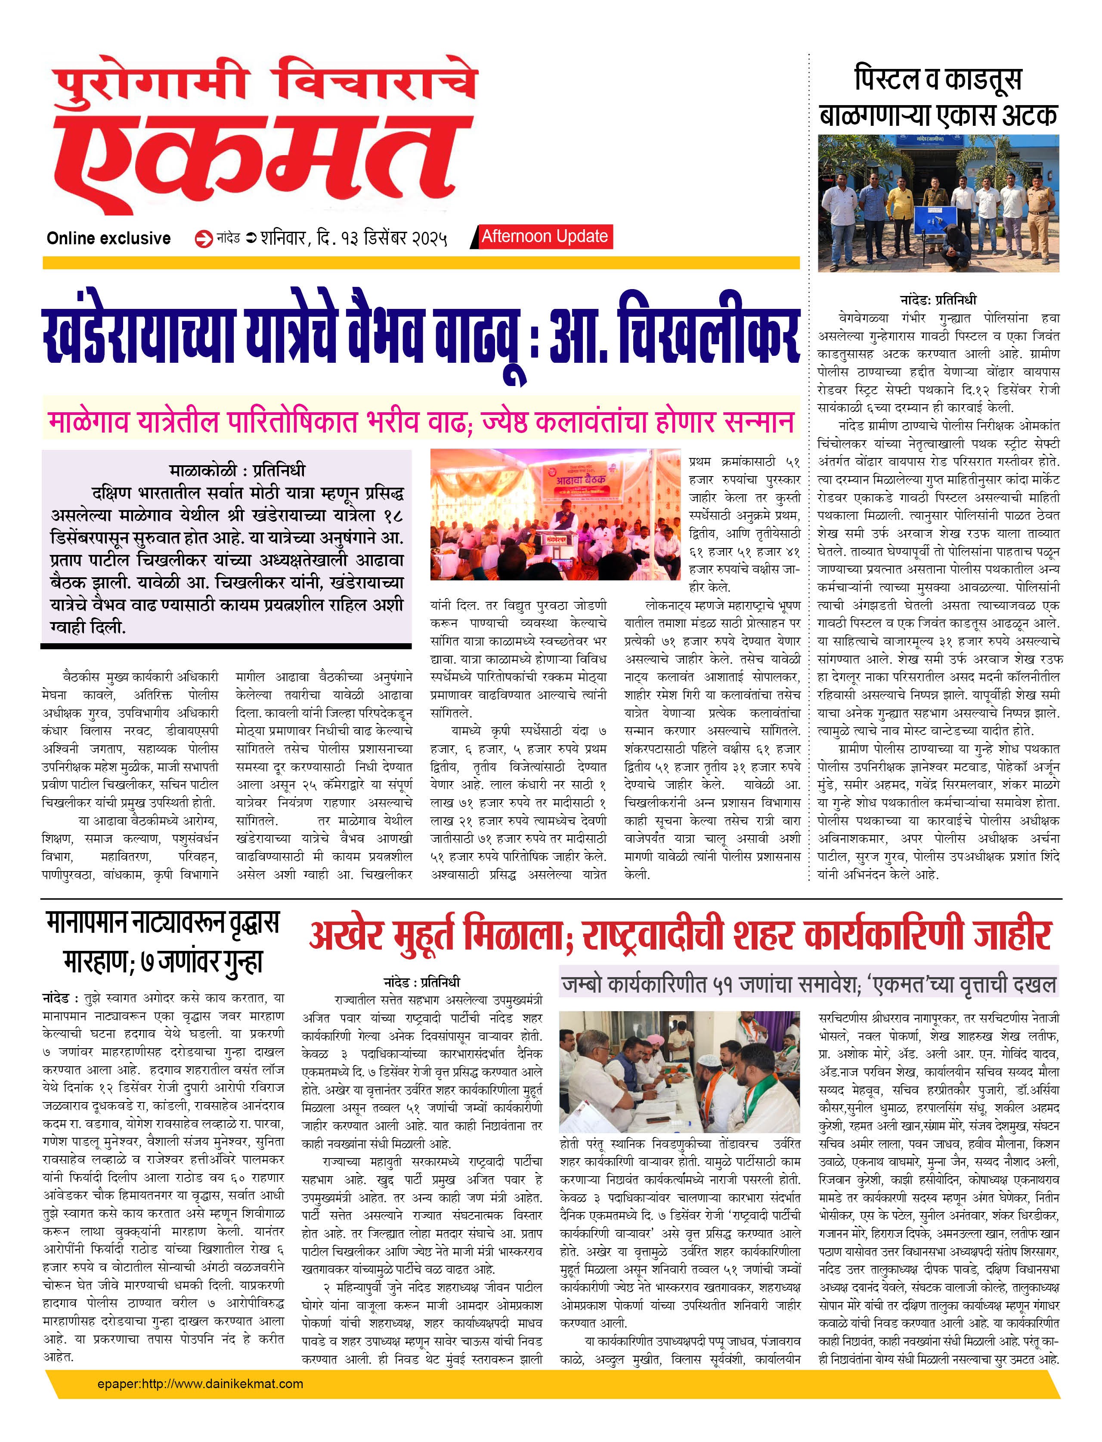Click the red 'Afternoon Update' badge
pyautogui.click(x=545, y=236)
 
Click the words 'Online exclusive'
pyautogui.click(x=108, y=238)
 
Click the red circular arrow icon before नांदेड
pyautogui.click(x=204, y=239)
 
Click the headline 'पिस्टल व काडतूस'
pyautogui.click(x=938, y=79)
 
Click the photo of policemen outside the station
pyautogui.click(x=938, y=203)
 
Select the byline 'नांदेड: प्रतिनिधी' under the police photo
pyautogui.click(x=938, y=300)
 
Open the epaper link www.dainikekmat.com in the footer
pyautogui.click(x=200, y=1383)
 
